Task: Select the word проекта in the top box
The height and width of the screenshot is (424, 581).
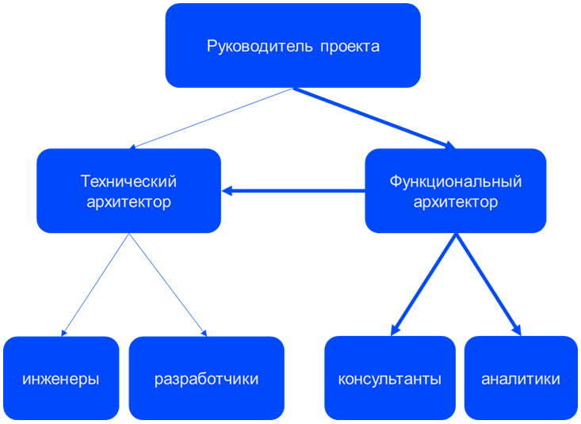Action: pos(350,47)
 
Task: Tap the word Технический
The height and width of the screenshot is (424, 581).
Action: pos(128,181)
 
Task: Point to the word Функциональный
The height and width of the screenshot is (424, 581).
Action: pos(456,181)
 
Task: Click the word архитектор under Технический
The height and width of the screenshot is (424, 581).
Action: pos(128,202)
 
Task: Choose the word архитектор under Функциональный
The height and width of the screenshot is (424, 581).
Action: pos(456,202)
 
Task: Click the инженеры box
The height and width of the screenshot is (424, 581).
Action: pos(61,378)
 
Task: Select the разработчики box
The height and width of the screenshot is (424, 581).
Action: pos(206,378)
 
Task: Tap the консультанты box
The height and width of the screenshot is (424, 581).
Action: pos(390,378)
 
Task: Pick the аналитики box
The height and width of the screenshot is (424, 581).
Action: pos(521,378)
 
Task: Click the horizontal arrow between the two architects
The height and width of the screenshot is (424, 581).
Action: pos(293,191)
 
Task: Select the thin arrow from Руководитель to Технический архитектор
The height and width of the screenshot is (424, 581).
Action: pos(211,118)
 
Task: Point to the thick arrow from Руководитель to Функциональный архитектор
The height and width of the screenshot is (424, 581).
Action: pos(374,118)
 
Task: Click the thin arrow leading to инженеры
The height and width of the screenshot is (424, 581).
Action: pos(95,285)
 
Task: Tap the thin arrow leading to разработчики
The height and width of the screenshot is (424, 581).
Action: pos(168,285)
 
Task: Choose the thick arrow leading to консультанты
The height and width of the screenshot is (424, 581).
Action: pos(423,285)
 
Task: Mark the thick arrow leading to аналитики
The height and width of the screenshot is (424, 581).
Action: pos(488,285)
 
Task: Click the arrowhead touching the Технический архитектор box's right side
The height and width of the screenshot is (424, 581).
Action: pos(227,191)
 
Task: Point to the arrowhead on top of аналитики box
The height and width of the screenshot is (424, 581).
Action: pos(518,330)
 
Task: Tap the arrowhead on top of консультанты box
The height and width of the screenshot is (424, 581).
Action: pos(395,330)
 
